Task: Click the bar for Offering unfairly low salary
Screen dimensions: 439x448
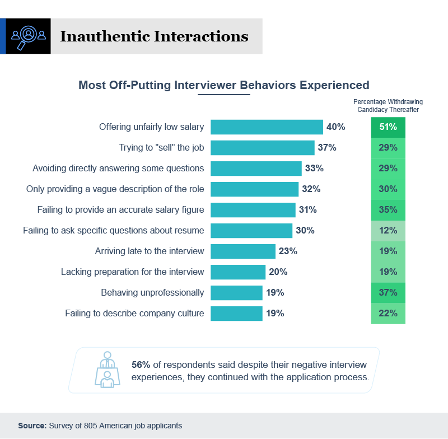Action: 267,127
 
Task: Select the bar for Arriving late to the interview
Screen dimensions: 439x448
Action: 242,251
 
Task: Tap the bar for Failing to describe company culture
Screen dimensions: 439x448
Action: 236,314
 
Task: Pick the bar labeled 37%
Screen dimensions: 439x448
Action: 262,148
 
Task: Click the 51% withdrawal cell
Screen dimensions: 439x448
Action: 388,127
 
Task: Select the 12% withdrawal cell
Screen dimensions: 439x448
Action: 388,231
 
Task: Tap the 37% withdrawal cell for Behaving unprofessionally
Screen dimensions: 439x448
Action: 388,293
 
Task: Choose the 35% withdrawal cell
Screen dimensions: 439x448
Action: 388,210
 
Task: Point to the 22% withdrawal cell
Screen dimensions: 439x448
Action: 388,314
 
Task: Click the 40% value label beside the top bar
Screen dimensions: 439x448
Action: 336,127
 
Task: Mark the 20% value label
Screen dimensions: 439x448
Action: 278,272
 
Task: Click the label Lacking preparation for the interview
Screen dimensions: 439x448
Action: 132,272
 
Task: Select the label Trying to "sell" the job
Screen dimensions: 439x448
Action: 161,148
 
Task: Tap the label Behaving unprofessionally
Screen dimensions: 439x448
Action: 152,293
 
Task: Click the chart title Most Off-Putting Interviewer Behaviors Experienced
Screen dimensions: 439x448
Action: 223,85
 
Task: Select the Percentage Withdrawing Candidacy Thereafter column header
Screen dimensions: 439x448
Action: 388,106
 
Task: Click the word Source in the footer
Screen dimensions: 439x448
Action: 31,426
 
